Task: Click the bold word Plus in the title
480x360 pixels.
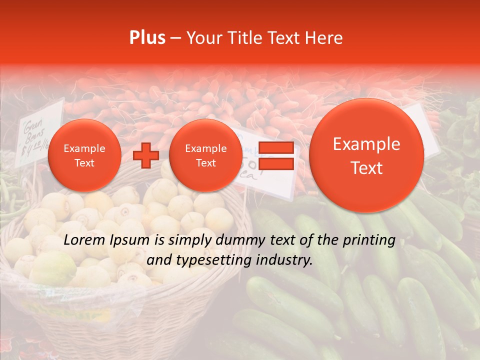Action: click(147, 38)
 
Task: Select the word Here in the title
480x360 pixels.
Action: click(324, 38)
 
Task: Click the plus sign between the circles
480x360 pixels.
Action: click(146, 155)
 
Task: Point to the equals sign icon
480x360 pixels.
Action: click(276, 155)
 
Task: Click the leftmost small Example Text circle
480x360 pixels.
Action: click(84, 155)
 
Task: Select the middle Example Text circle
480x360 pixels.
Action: click(205, 155)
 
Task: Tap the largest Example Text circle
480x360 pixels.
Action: click(366, 155)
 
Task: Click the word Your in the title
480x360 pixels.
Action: click(202, 38)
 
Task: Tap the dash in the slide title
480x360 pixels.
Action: click(175, 38)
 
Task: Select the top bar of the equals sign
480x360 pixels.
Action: click(276, 147)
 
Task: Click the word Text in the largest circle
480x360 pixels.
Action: click(366, 168)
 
